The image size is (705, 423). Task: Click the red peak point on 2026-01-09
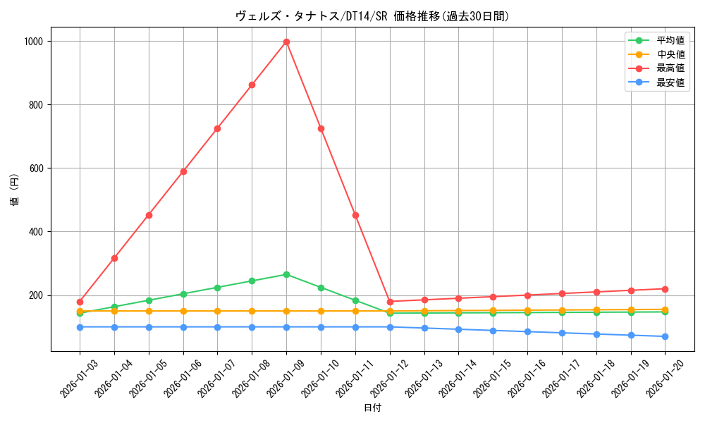[x=286, y=42]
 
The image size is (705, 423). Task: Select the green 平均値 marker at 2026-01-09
[x=286, y=274]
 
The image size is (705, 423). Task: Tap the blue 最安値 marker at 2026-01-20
[x=666, y=336]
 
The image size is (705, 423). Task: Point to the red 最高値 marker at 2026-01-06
[x=183, y=171]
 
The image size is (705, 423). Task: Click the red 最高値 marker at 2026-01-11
[x=355, y=215]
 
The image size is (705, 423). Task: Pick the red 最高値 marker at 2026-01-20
[x=666, y=289]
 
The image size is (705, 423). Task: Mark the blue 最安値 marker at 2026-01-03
[x=80, y=327]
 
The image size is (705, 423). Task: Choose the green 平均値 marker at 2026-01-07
[x=217, y=288]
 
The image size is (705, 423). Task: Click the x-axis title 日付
[x=372, y=408]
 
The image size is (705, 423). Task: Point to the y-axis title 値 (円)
[x=15, y=190]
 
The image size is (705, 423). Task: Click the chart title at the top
[x=372, y=16]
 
